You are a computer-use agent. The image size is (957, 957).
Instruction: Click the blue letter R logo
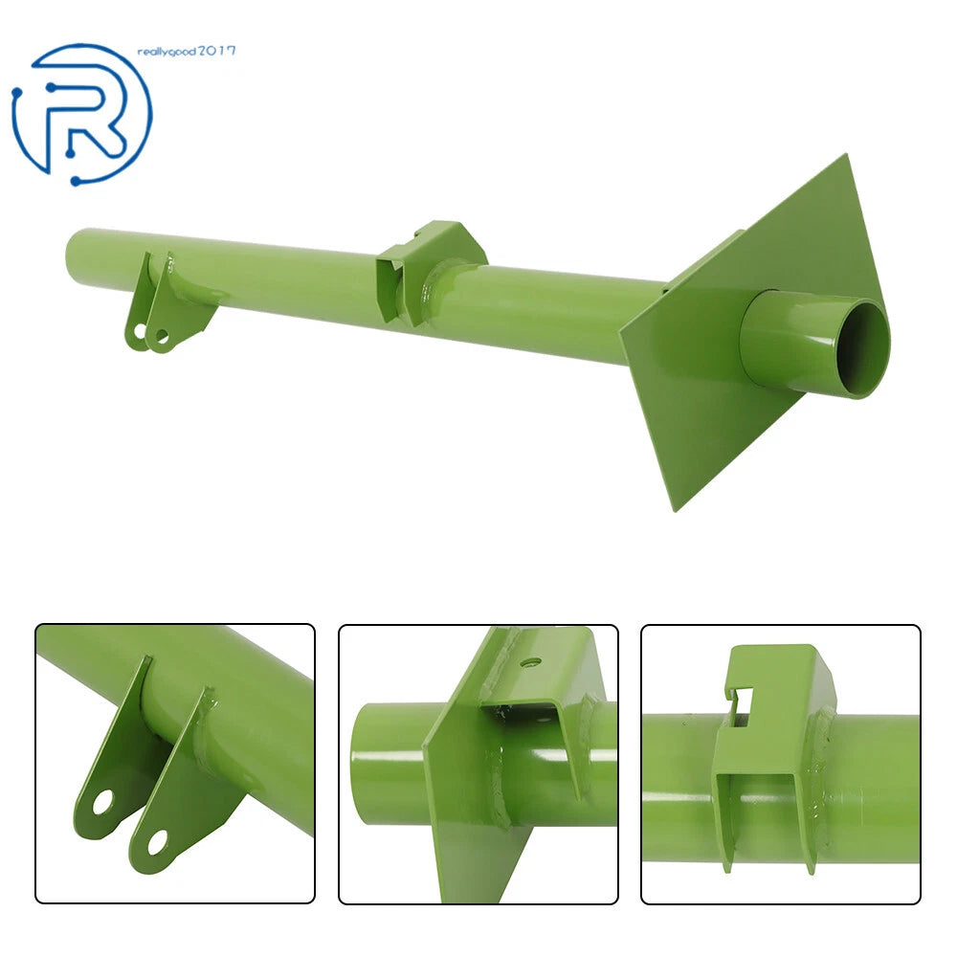pos(82,114)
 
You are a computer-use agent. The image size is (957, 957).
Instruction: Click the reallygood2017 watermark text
pos(187,52)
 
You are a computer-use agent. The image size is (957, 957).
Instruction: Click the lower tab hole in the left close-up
pos(157,842)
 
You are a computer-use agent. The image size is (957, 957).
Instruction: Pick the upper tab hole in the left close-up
pos(102,801)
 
